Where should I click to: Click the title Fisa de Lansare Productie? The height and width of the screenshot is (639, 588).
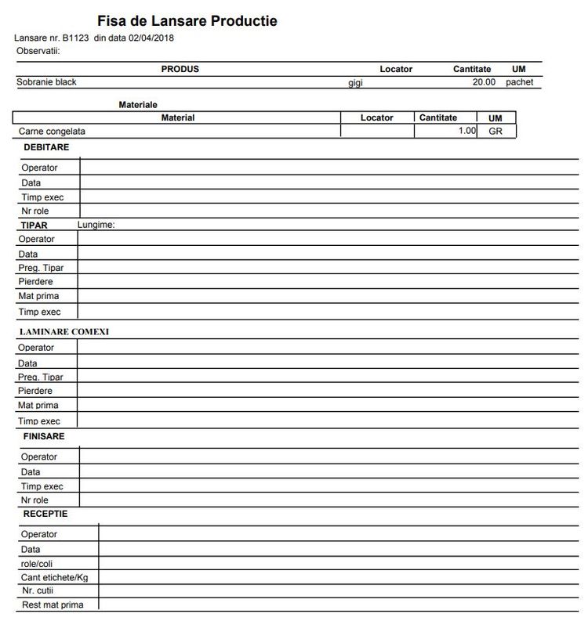187,21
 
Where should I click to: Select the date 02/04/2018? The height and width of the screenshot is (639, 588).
152,38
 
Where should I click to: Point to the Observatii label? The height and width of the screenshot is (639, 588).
38,51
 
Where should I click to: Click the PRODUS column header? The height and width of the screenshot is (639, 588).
180,69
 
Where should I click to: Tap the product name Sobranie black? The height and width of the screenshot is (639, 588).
46,81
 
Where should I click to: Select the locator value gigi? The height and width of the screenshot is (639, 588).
355,82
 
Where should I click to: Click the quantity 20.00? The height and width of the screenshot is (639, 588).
484,81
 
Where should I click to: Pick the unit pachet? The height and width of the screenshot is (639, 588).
519,81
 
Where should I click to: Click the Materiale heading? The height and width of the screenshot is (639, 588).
138,104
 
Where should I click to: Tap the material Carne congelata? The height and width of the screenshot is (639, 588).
52,132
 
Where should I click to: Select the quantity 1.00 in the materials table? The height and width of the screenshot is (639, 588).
466,131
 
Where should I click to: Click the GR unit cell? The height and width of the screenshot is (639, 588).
495,132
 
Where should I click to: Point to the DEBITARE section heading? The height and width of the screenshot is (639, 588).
46,147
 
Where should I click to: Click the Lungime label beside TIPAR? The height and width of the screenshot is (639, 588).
96,225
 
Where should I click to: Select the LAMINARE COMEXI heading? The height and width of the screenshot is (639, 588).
64,332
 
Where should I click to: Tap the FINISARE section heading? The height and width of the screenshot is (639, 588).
44,436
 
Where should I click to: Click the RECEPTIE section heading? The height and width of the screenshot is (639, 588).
45,514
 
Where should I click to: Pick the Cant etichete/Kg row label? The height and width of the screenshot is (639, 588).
55,577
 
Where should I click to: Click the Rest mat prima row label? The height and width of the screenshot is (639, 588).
52,605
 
